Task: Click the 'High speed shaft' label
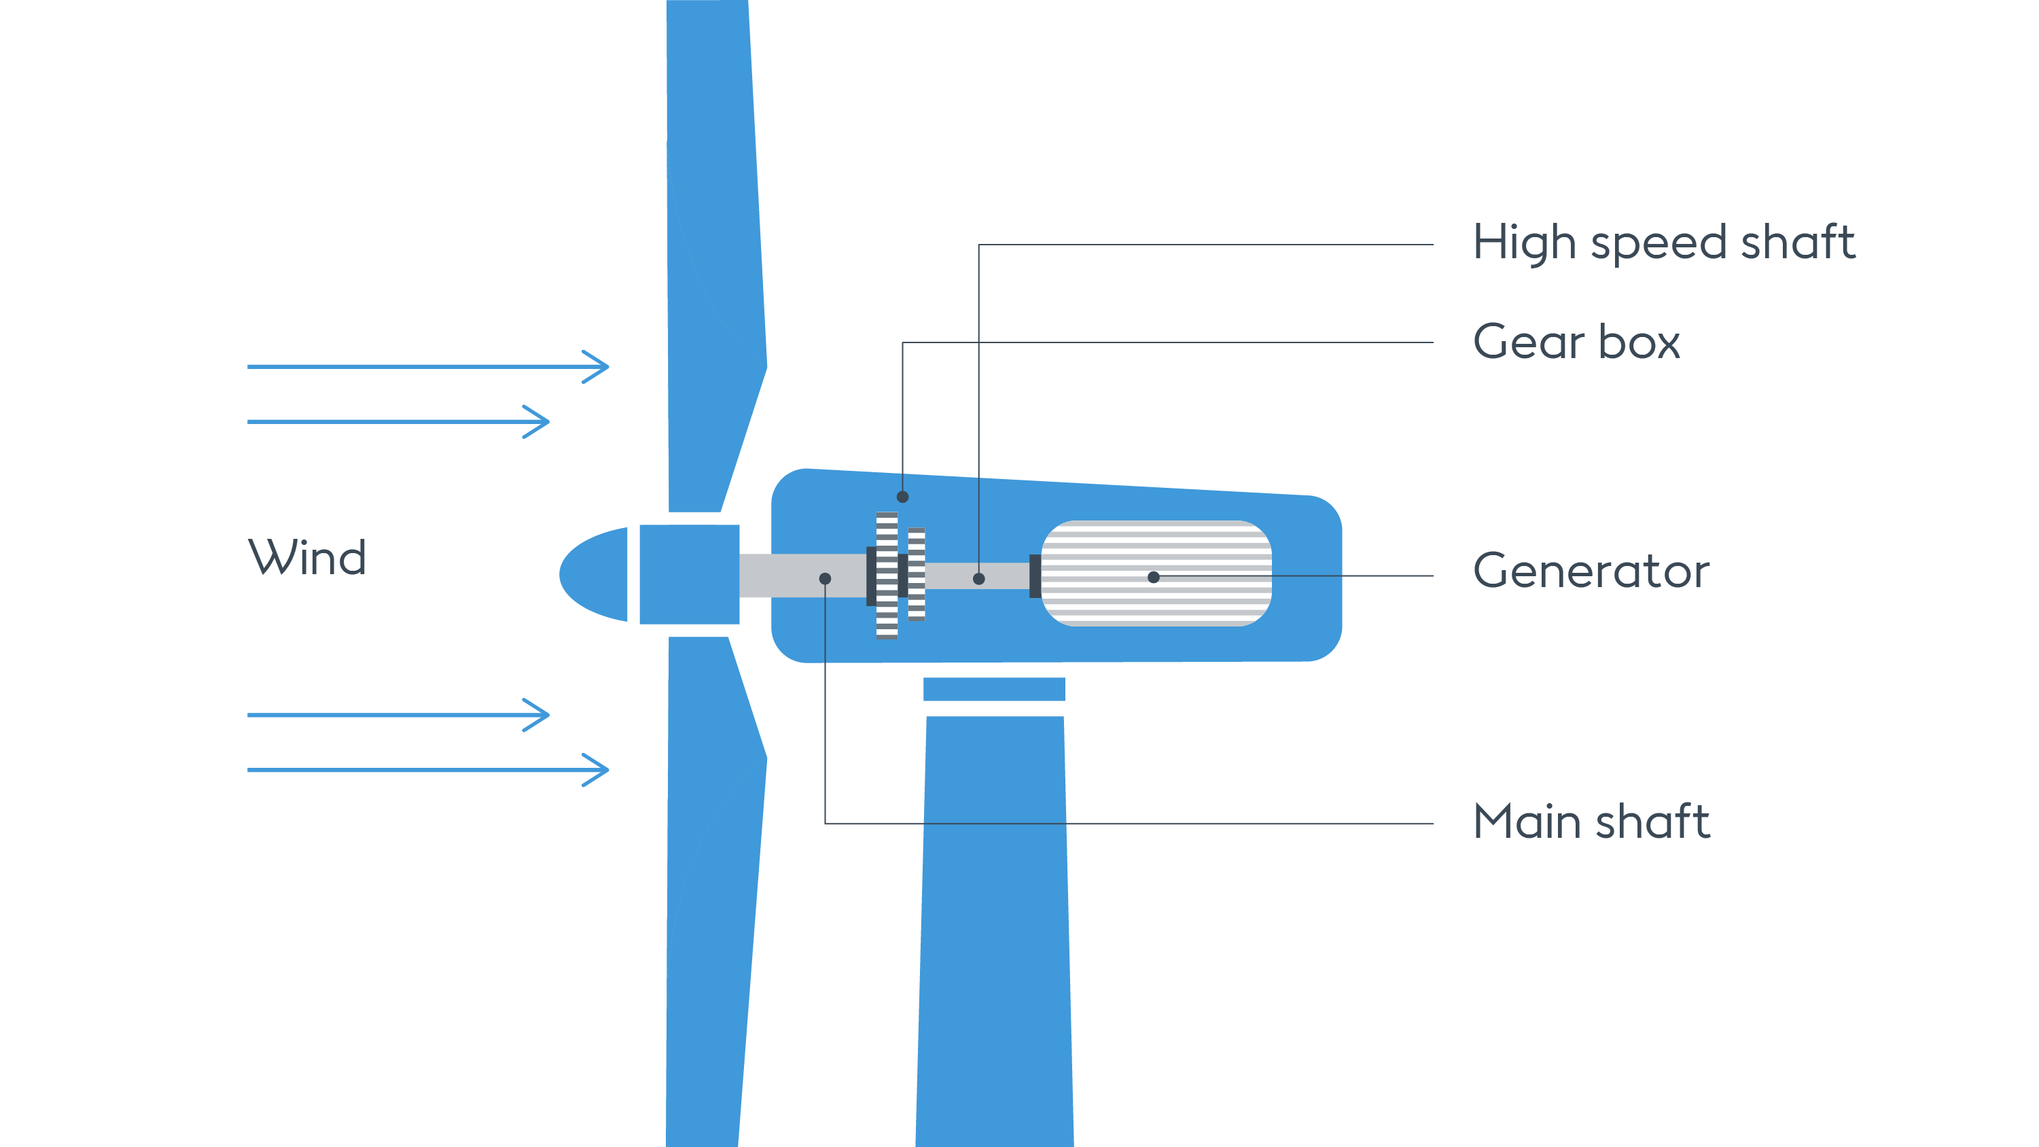tap(1663, 242)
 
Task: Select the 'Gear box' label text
tap(1575, 342)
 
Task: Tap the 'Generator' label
tap(1591, 571)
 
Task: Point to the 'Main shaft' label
tap(1591, 821)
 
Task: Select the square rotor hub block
tap(689, 574)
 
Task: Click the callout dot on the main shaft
tap(825, 579)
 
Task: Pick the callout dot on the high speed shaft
tap(979, 579)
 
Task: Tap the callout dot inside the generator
tap(1153, 577)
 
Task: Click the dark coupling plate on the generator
tap(1035, 576)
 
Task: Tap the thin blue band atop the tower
tap(993, 688)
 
